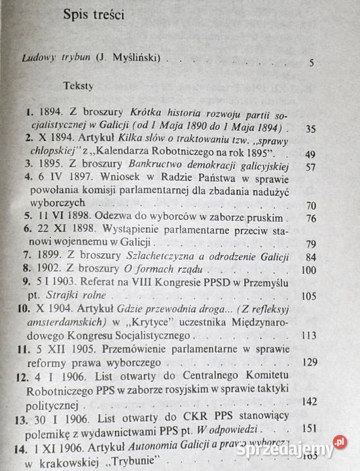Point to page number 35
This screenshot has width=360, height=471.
(311, 128)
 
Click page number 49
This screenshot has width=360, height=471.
(310, 156)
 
